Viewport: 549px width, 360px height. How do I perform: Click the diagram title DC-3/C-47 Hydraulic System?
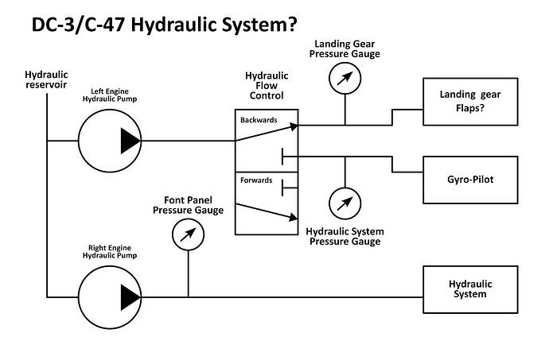[x=162, y=24]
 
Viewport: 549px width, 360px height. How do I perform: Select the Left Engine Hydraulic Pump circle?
[x=109, y=141]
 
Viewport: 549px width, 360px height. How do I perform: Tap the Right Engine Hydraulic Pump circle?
[x=109, y=296]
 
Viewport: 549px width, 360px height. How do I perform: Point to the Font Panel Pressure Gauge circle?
[x=188, y=234]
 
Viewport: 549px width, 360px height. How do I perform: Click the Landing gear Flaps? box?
[x=470, y=103]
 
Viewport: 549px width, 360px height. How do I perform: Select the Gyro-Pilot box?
[x=470, y=179]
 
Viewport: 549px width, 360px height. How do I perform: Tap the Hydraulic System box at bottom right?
[x=470, y=289]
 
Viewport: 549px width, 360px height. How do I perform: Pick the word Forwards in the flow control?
[x=255, y=180]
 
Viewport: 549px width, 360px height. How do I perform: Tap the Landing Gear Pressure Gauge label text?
[x=346, y=48]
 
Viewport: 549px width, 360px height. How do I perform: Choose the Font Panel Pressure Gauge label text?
[x=188, y=205]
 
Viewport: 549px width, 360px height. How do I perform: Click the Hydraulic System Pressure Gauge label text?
[x=345, y=236]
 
